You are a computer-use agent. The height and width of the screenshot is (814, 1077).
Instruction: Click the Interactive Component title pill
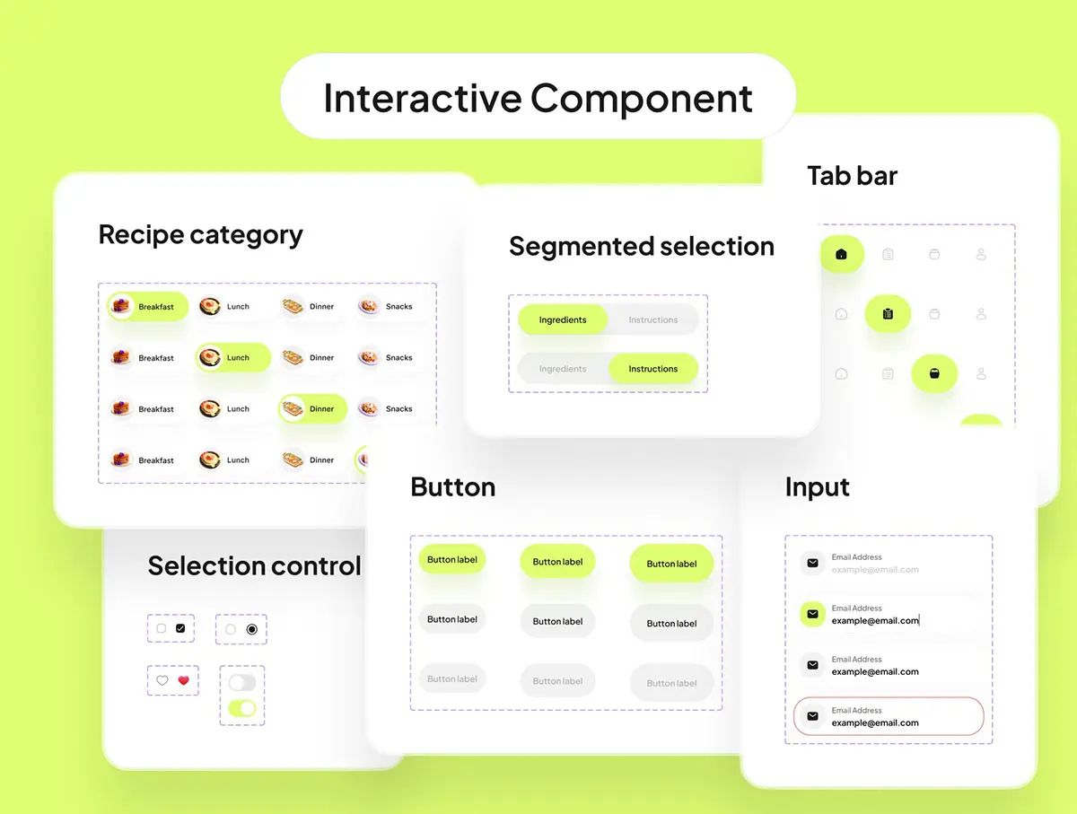538,97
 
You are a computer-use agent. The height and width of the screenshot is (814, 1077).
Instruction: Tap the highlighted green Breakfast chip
148,307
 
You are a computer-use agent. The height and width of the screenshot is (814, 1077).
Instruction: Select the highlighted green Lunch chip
233,357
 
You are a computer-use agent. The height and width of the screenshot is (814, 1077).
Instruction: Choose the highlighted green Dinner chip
313,408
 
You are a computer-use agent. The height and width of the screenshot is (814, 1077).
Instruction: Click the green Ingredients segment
563,319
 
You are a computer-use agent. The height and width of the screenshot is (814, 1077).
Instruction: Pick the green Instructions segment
652,369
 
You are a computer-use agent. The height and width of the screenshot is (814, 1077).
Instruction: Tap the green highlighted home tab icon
841,255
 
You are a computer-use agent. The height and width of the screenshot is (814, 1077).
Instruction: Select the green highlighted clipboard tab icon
888,314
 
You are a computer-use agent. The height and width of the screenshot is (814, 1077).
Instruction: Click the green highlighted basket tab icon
934,373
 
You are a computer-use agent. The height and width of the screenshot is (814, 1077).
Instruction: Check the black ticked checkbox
180,629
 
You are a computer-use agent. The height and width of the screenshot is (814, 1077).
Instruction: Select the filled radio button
251,629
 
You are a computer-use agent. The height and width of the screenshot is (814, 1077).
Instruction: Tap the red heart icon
183,680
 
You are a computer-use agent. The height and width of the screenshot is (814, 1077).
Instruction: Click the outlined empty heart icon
162,680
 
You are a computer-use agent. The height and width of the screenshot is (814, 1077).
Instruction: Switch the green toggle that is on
242,709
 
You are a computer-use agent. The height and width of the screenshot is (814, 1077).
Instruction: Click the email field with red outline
889,716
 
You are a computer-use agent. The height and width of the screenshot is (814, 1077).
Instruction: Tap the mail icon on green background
812,614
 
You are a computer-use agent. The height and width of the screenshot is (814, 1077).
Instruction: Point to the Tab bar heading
852,176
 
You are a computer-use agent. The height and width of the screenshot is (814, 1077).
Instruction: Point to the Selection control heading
254,566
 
